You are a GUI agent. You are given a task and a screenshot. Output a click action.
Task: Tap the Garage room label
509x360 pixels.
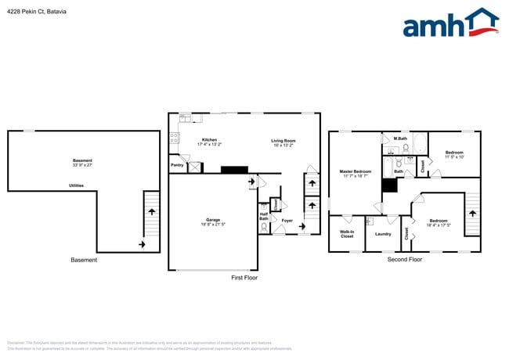point(213,221)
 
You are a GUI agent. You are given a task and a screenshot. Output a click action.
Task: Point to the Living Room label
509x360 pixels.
point(283,141)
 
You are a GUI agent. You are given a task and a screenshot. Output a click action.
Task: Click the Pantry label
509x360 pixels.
point(177,165)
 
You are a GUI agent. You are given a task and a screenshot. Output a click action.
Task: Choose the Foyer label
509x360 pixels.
point(287,220)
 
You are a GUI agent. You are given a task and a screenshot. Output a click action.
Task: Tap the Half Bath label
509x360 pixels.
point(264,216)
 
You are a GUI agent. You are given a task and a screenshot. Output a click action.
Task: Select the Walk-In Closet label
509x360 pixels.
point(347,234)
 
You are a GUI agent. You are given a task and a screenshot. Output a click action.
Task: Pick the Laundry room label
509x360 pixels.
point(383,234)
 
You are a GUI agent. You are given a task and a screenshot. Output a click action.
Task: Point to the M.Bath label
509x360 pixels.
point(400,139)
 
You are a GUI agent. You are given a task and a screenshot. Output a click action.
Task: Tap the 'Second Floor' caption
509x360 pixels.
point(405,259)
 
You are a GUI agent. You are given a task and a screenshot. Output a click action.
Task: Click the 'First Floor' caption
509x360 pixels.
point(244,278)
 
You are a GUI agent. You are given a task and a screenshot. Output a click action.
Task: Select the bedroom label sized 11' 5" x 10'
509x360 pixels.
point(454,154)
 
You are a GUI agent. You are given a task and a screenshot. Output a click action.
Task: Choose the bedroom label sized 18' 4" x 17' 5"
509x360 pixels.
point(438,223)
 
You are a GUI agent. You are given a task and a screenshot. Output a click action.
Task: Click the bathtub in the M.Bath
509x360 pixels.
point(420,145)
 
